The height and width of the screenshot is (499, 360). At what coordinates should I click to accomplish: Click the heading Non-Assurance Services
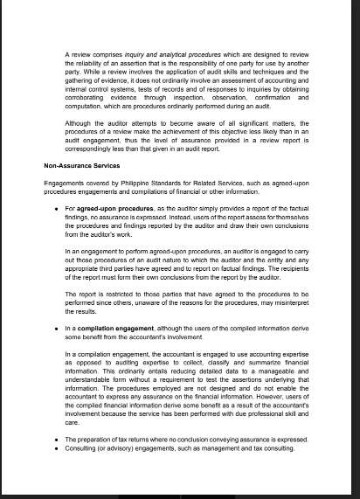click(82, 165)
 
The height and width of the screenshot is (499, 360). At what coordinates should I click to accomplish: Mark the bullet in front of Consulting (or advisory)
click(56, 447)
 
